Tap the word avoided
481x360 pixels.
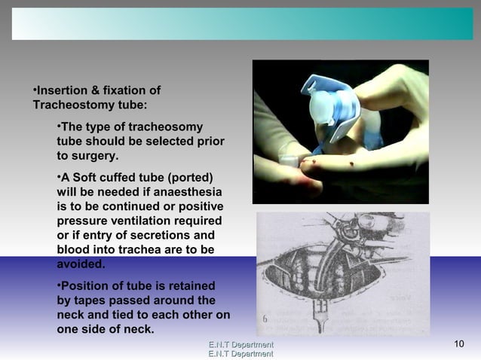[x=81, y=264]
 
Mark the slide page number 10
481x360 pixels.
[x=459, y=345]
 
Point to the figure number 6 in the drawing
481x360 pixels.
[x=265, y=319]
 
